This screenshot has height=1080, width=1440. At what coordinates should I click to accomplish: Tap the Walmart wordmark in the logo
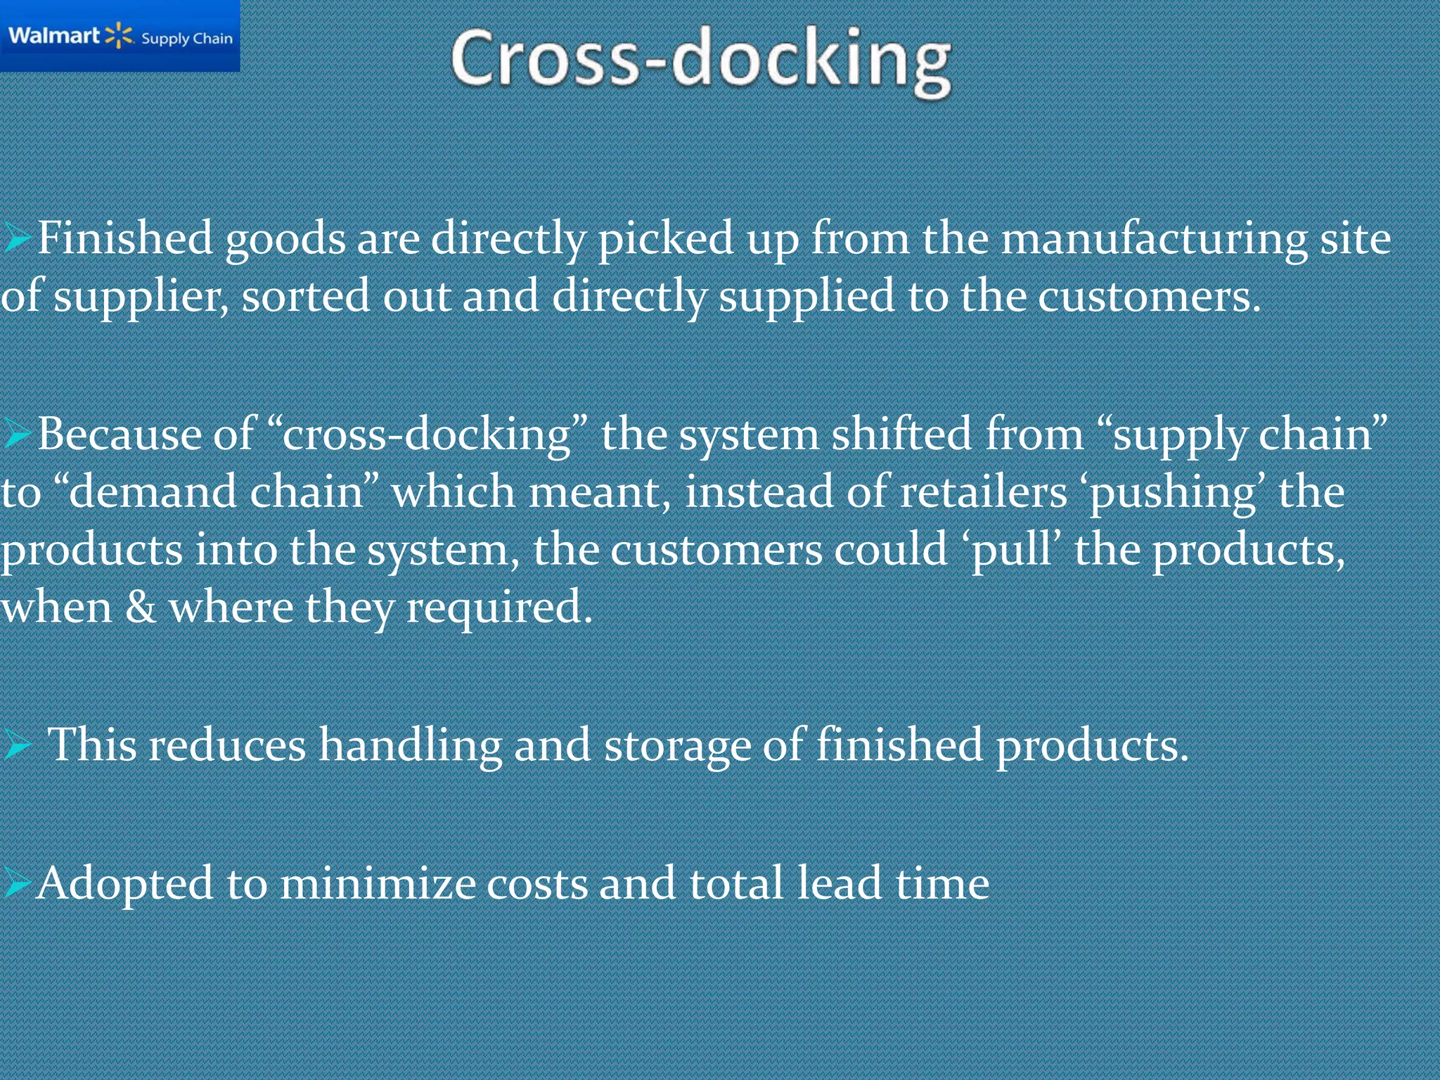pos(54,35)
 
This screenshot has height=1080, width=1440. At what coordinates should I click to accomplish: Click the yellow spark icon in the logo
pos(119,35)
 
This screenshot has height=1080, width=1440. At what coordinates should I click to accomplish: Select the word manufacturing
pos(1154,239)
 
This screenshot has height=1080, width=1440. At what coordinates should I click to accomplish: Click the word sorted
pos(305,295)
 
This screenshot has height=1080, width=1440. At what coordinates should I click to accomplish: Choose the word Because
pos(119,434)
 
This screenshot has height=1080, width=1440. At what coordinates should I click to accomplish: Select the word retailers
pos(984,491)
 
